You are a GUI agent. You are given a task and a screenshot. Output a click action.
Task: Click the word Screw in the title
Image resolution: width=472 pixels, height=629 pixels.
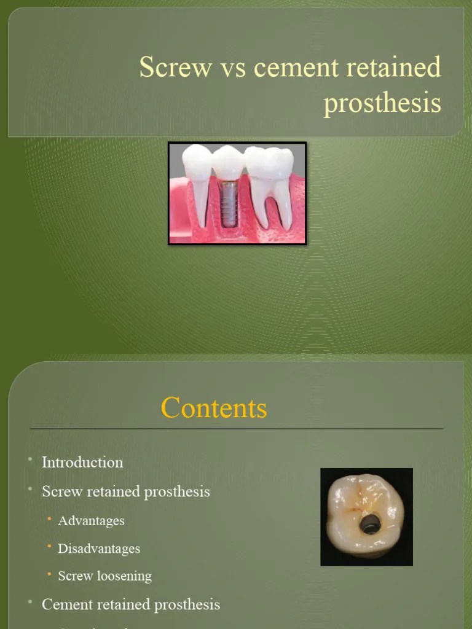tap(175, 67)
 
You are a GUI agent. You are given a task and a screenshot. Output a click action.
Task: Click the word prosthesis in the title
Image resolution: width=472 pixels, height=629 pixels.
tap(382, 103)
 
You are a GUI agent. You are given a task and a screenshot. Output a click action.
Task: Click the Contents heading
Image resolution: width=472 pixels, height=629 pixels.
tap(214, 408)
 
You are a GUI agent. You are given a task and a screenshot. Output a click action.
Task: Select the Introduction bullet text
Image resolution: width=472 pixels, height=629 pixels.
tap(82, 462)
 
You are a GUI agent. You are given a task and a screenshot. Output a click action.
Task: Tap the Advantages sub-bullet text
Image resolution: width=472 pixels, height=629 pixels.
tap(91, 520)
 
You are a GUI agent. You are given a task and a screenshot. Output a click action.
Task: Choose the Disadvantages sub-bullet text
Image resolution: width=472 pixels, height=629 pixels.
tap(99, 548)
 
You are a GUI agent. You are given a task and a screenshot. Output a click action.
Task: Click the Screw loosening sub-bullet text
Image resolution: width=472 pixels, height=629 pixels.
tap(104, 576)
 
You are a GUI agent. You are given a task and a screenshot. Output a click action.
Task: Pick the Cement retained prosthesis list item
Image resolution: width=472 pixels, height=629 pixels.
tap(131, 604)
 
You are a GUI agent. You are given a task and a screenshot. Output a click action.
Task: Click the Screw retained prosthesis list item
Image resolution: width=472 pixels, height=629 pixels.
tap(126, 491)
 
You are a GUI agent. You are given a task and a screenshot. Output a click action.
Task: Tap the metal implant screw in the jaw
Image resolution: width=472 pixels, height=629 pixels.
tap(229, 205)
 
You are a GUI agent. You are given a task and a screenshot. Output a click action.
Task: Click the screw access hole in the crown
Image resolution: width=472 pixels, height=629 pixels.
tap(369, 524)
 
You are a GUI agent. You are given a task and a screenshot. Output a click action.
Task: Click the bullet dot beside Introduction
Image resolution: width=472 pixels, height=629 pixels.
tap(29, 459)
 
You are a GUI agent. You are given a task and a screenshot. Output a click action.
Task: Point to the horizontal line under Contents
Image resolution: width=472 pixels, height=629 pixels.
tap(236, 428)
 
